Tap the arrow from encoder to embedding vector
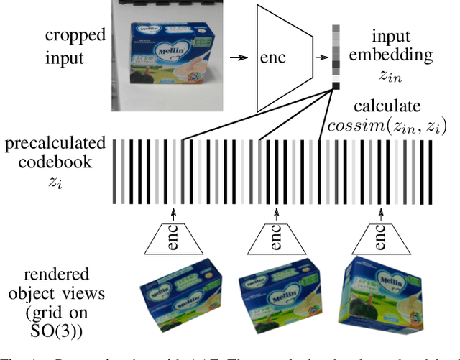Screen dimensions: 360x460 coord(321,54)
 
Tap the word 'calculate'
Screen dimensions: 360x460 coord(392,106)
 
